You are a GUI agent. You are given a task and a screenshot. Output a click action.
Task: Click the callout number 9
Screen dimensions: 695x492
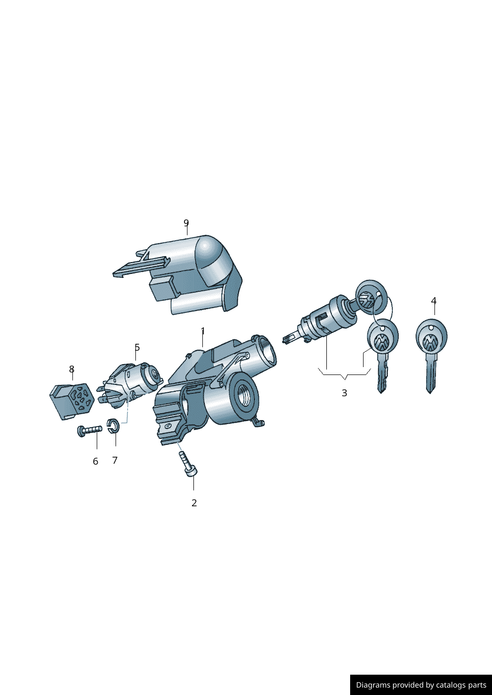[x=186, y=223]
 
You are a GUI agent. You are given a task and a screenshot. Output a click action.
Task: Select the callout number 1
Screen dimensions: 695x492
[x=203, y=331]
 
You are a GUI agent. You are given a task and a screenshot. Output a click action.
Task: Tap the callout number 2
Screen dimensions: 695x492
[x=194, y=503]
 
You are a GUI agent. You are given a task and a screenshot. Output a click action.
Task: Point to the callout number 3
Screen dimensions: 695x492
[x=344, y=393]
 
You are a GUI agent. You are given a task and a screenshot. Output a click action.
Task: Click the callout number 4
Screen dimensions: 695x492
[x=433, y=301]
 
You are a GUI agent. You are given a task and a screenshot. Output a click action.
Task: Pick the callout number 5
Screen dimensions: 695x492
[x=137, y=348]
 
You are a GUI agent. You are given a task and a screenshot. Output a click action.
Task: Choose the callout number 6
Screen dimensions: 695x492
[x=95, y=461]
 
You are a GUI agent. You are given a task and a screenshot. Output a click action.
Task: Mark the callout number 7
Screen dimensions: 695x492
[x=115, y=460]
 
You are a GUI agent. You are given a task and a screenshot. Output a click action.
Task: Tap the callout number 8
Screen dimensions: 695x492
[x=71, y=370]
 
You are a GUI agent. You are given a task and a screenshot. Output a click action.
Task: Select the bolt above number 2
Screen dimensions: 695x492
[x=187, y=464]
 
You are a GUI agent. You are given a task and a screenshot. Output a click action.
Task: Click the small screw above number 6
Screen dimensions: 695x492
[x=89, y=430]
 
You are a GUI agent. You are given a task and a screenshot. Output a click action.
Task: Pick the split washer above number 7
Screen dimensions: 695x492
[x=114, y=426]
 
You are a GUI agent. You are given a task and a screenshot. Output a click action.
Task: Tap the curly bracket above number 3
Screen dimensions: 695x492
[x=344, y=374]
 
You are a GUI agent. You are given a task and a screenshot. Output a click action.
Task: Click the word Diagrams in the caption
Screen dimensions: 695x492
[x=372, y=685]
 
